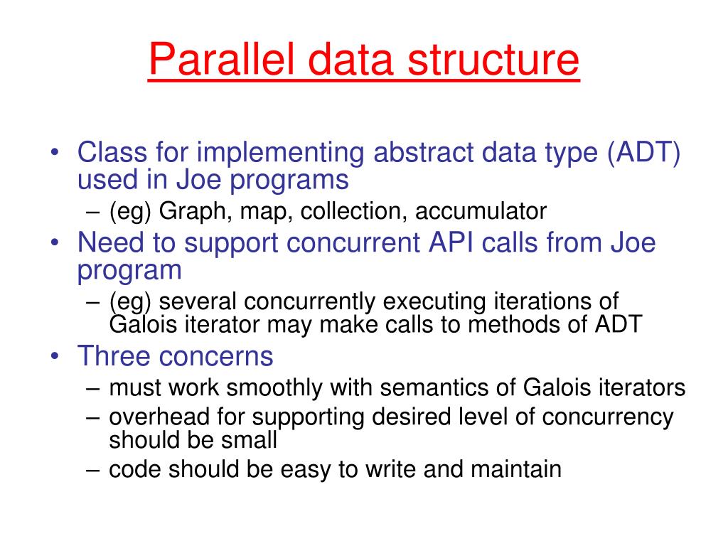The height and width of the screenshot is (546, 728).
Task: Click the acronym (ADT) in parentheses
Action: pos(643,152)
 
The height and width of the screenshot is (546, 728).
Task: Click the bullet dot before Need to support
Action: pos(55,244)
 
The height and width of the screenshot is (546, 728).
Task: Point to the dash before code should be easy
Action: pos(96,469)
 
